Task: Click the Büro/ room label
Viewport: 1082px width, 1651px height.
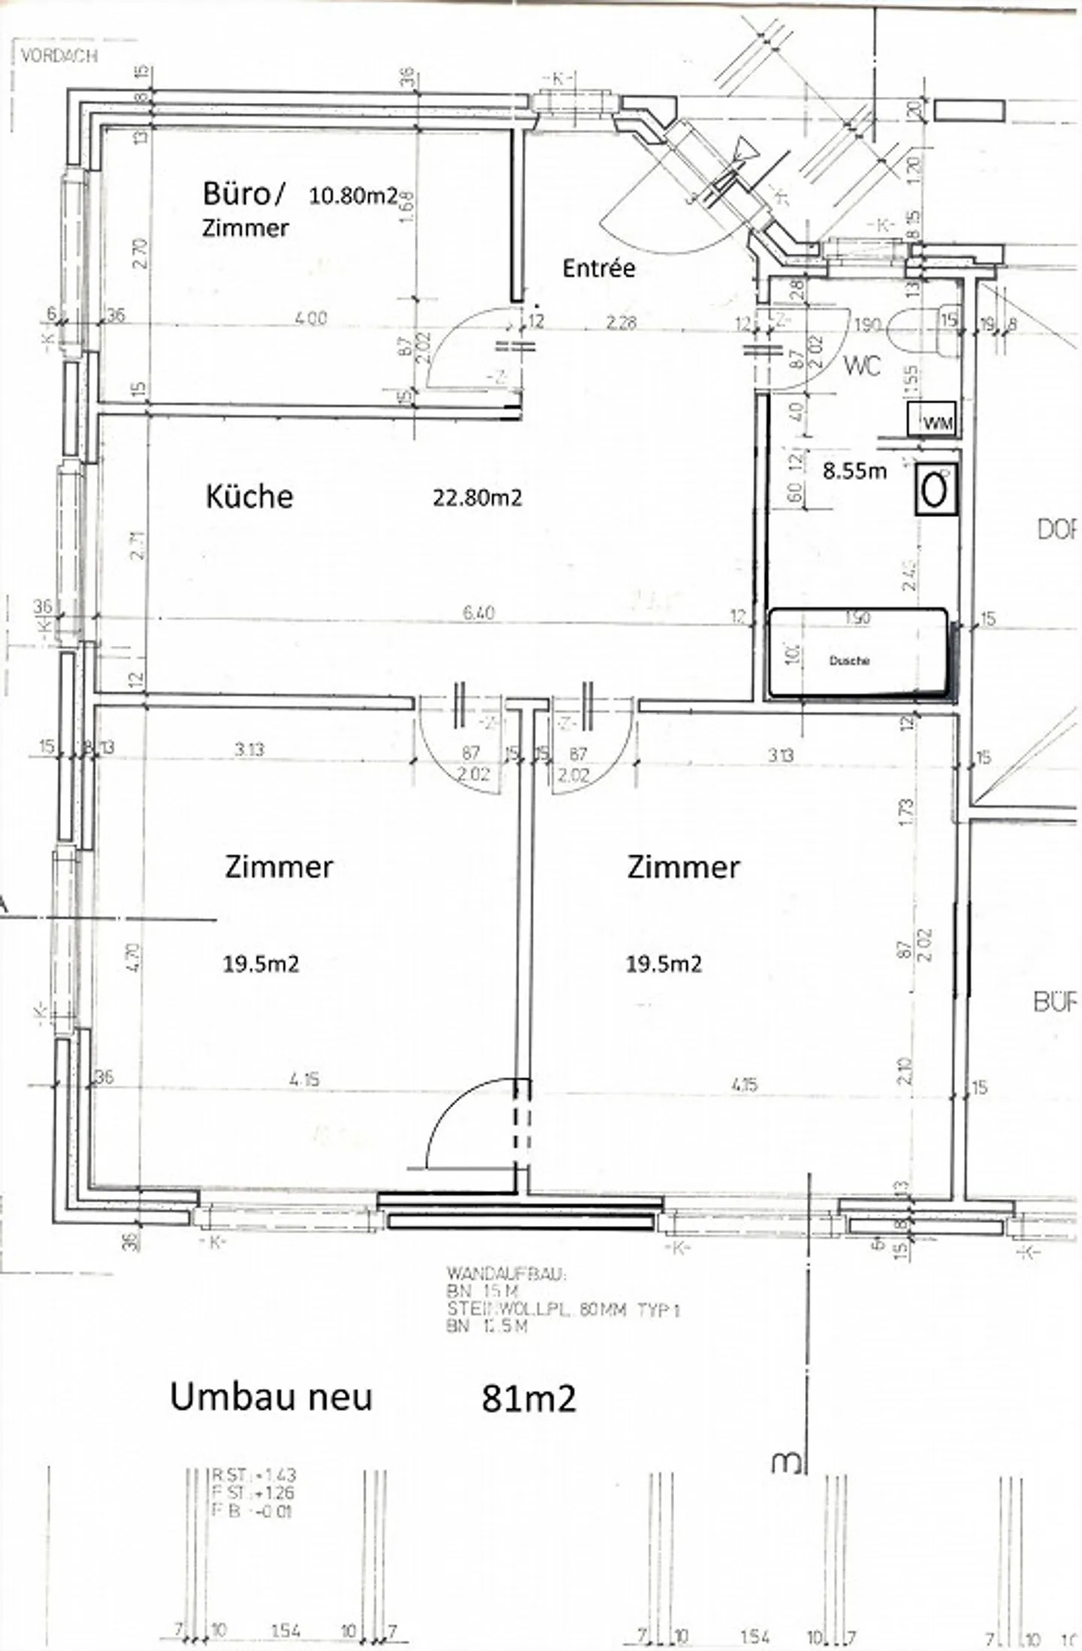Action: tap(243, 194)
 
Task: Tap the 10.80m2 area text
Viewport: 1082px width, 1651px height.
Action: tap(352, 196)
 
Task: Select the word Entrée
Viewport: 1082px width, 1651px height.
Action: tap(599, 268)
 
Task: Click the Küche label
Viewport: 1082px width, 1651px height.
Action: tap(249, 497)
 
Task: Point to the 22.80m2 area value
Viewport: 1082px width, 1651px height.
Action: tap(476, 497)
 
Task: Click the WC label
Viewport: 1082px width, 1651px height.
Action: tap(862, 366)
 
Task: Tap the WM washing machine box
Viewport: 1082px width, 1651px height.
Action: tap(932, 419)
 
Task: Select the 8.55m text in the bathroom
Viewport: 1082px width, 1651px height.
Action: tap(854, 472)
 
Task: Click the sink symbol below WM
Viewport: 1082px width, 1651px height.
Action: tap(936, 490)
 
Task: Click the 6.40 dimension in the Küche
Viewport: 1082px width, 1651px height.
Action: tap(479, 613)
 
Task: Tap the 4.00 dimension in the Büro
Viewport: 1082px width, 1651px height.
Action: tap(310, 318)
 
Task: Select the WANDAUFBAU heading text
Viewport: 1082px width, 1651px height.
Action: tap(506, 1275)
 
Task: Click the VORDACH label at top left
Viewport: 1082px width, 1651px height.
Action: tap(59, 56)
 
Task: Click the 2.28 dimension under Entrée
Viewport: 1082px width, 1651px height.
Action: tap(621, 322)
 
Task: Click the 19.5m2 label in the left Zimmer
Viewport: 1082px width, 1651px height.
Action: tap(261, 964)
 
